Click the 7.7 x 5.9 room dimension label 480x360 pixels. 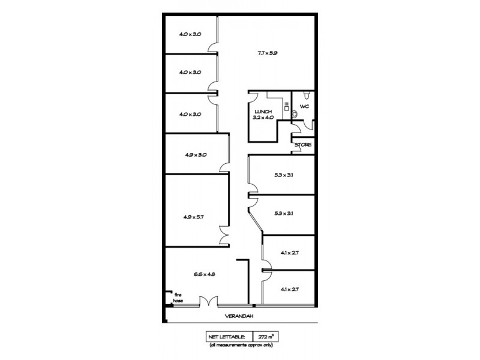[x=266, y=53]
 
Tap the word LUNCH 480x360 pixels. [x=263, y=112]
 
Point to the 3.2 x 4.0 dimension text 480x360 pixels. [x=263, y=118]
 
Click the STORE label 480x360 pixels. [x=302, y=145]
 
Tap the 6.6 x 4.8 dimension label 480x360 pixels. [x=204, y=274]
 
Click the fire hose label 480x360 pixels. [x=178, y=298]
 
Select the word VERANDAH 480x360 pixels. [x=238, y=316]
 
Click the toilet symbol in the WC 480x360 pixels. [x=307, y=95]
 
